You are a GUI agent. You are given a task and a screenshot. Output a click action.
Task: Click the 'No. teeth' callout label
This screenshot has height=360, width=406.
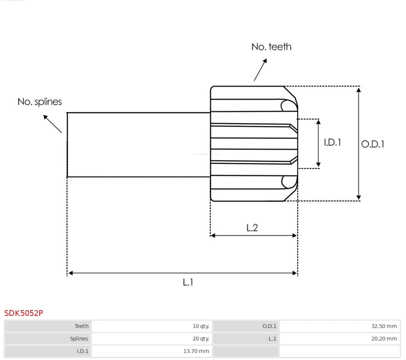(271, 47)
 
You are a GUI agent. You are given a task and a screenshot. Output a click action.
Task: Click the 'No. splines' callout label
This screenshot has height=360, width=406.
(40, 102)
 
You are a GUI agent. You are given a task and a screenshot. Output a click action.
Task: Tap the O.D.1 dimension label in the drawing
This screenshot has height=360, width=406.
(372, 144)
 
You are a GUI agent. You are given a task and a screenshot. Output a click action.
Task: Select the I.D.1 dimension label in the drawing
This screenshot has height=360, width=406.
(332, 142)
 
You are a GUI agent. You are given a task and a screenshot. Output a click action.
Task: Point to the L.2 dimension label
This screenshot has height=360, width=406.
(252, 228)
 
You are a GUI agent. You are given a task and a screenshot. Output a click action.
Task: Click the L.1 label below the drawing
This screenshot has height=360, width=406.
(188, 282)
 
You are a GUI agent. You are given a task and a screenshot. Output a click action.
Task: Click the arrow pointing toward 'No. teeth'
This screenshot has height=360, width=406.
(260, 70)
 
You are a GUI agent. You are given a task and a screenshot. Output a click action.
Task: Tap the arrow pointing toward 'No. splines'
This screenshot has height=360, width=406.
(53, 124)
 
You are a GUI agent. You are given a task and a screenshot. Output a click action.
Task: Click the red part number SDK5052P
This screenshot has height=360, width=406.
(24, 313)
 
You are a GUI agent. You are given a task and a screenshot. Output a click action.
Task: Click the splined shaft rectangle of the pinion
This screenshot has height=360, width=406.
(139, 145)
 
